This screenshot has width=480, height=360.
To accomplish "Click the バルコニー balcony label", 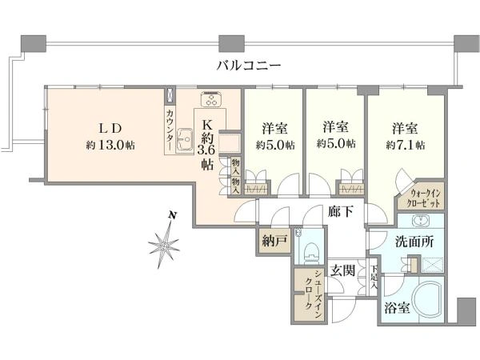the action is tap(249, 66).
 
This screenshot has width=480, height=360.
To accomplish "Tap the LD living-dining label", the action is tap(110, 129).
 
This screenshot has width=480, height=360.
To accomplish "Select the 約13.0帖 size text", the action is tap(110, 145).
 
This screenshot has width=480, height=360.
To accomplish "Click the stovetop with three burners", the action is tap(211, 99).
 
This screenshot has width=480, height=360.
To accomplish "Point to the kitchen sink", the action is tap(184, 141).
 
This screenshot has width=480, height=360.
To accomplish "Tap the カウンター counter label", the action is tap(170, 130).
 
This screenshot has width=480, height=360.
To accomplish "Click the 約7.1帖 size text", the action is tap(406, 145).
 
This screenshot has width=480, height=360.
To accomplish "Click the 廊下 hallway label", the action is tap(341, 211).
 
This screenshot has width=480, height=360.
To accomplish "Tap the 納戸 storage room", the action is tap(274, 242).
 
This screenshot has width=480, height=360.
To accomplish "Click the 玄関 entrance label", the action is tap(343, 270).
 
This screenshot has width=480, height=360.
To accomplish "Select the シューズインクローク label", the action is tap(313, 294).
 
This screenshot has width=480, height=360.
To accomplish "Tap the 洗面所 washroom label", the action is tap(414, 242).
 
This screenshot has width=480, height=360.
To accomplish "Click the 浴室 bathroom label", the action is tap(397, 308).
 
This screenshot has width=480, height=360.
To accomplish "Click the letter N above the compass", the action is tap(173, 215).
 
